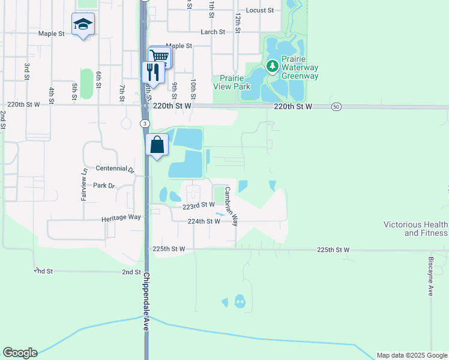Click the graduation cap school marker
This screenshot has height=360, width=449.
[83, 25]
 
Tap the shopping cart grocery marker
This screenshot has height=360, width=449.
[160, 56]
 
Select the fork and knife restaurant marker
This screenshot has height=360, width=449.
[152, 73]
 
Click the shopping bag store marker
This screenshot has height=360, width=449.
[157, 145]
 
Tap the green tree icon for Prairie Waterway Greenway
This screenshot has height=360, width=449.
[272, 65]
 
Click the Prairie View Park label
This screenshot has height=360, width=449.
[234, 82]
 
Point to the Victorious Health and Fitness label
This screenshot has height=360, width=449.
[415, 229]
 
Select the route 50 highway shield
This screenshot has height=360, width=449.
[336, 106]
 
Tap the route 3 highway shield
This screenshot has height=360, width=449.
[145, 123]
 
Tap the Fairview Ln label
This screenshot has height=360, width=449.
[84, 183]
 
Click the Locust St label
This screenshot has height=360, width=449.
[260, 11]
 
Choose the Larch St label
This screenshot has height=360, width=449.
[212, 32]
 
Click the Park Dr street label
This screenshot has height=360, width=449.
[104, 186]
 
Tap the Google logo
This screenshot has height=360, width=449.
[20, 353]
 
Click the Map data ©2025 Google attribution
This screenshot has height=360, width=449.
[412, 355]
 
